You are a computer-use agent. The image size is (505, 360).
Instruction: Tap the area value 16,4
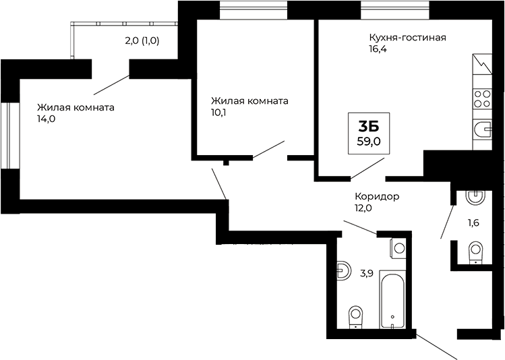(378, 50)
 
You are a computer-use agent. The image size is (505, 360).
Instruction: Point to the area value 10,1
(220, 113)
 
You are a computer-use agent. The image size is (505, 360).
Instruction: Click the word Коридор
(377, 196)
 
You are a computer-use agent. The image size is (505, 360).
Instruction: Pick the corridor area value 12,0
(363, 208)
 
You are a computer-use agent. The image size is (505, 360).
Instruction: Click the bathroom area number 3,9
(367, 273)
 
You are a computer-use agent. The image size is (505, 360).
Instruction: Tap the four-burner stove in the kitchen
(482, 99)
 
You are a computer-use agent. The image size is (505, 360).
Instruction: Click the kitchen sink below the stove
(483, 129)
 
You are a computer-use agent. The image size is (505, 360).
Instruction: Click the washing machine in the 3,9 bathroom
(398, 247)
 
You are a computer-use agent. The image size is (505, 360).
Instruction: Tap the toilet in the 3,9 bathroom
(354, 316)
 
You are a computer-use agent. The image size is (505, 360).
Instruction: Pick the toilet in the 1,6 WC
(475, 252)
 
